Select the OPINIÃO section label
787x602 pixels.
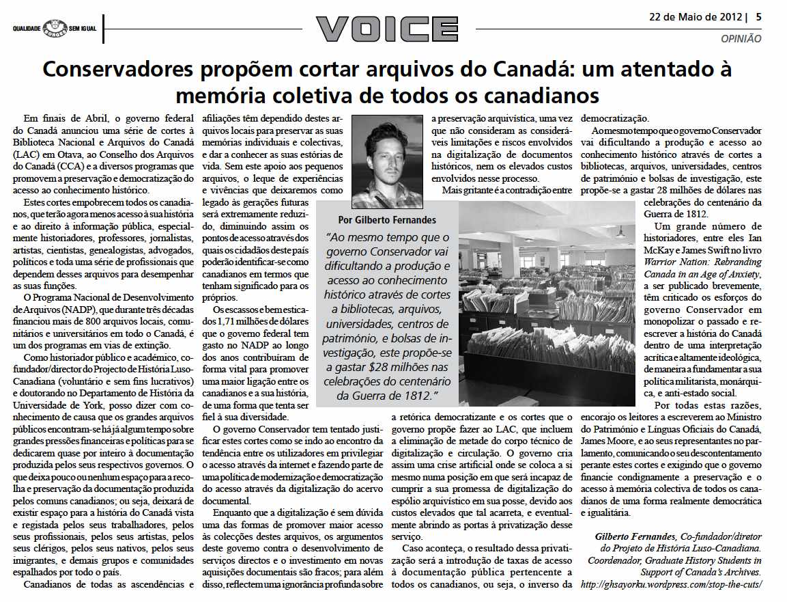[741, 39]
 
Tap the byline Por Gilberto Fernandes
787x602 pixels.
[387, 220]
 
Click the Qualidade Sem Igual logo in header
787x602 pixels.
[54, 29]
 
